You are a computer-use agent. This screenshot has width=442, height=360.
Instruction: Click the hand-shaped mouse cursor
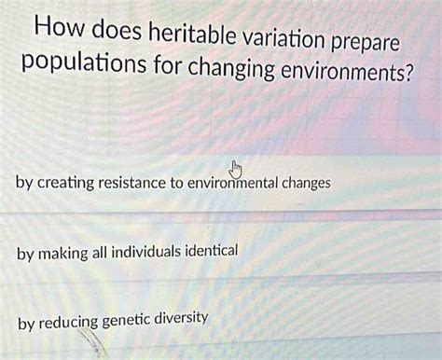(x=235, y=169)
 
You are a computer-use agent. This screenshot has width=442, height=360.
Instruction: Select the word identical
(x=215, y=252)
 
